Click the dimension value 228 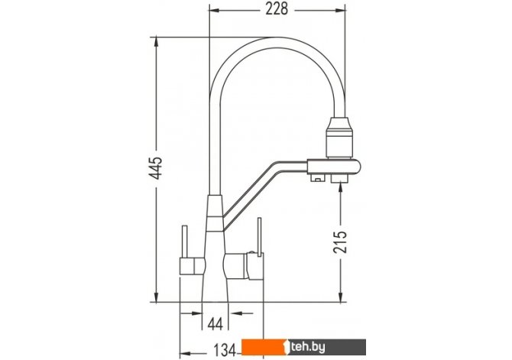pyautogui.click(x=277, y=9)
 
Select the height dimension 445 pyautogui.click(x=156, y=168)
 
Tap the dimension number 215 pyautogui.click(x=340, y=242)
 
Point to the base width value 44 pyautogui.click(x=215, y=324)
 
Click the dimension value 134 pyautogui.click(x=225, y=351)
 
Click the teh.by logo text pyautogui.click(x=308, y=347)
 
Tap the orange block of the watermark pyautogui.click(x=265, y=347)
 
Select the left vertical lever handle pyautogui.click(x=184, y=242)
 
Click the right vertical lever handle pyautogui.click(x=260, y=236)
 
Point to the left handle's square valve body pyautogui.click(x=192, y=266)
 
